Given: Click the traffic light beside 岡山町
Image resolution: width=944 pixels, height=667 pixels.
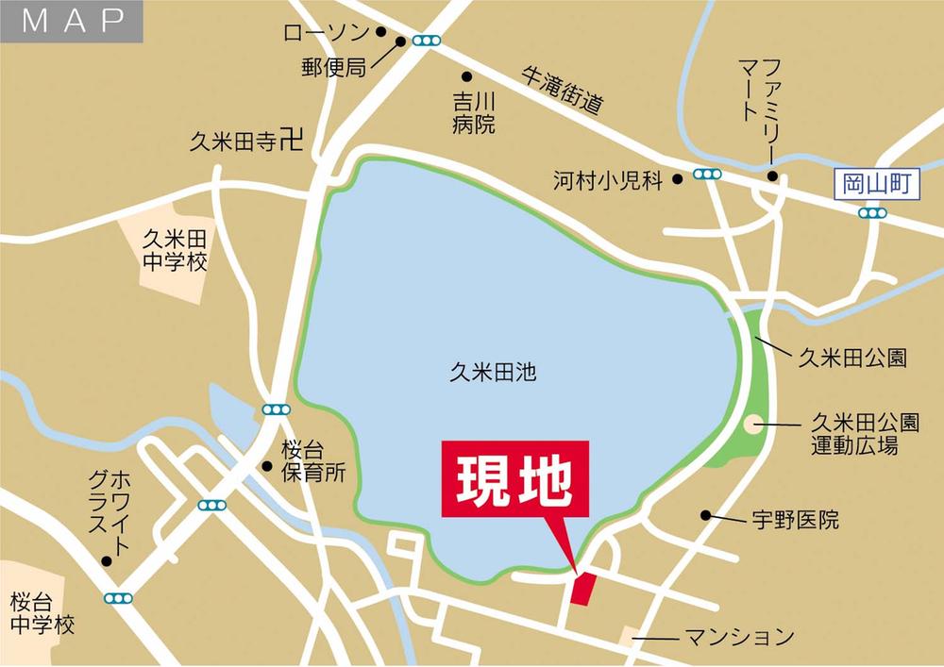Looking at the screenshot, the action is [872, 213].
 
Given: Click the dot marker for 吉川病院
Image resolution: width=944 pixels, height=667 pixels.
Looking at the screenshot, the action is [465, 77].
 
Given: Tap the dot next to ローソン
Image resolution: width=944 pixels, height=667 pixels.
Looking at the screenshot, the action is [381, 31].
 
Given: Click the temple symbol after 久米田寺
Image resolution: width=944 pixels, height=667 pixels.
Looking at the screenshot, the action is [294, 142].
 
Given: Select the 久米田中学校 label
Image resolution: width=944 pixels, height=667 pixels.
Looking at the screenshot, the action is [175, 249].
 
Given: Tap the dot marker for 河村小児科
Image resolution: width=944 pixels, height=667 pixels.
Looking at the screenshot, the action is [677, 179].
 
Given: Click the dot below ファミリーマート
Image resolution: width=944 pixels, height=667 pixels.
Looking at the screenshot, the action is [772, 176].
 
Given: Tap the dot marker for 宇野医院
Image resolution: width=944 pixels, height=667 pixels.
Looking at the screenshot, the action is [705, 515].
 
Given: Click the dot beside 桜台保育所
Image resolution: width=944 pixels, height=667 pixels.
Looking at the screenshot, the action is [267, 466].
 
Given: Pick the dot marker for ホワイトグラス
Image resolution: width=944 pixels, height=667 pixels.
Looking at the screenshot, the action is [107, 560].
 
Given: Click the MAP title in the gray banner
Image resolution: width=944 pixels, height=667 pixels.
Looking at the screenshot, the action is [73, 22].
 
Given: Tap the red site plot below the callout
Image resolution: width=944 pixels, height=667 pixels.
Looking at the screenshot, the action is [583, 589].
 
